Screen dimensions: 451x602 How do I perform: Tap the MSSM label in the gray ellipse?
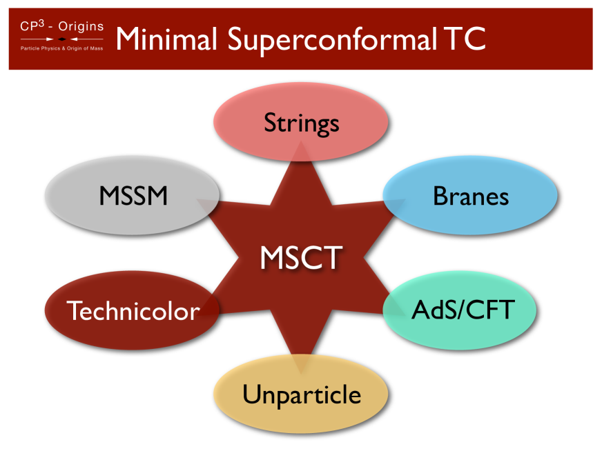133,196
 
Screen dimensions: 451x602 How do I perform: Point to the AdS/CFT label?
463,310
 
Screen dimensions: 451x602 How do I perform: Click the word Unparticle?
301,394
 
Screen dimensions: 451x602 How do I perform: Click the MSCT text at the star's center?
301,258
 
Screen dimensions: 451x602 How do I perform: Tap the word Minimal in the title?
165,39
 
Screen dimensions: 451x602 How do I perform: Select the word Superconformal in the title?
326,40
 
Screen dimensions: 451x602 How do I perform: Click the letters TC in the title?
460,39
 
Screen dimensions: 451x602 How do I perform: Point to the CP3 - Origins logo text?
62,27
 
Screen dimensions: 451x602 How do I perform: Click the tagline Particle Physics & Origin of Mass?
62,50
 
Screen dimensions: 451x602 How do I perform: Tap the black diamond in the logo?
62,39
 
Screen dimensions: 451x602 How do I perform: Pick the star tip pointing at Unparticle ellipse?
301,364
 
